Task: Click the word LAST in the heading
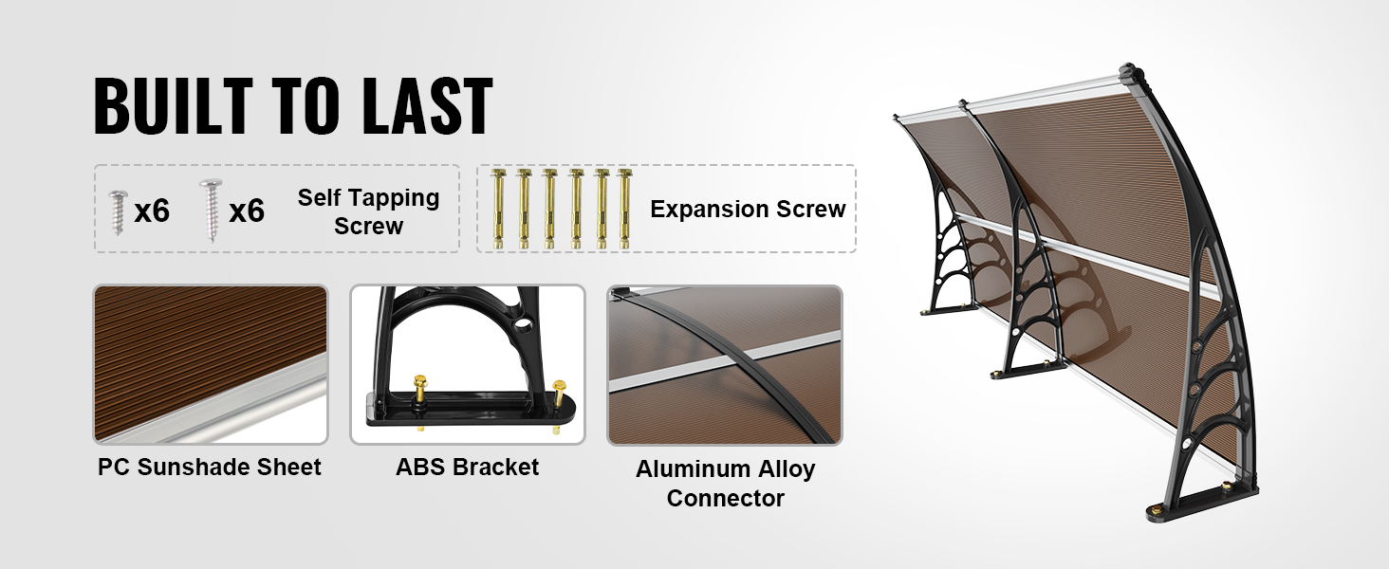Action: [427, 105]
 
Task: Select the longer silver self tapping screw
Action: [211, 210]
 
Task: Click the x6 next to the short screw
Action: [152, 211]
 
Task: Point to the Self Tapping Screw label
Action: [368, 211]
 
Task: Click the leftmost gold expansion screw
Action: [498, 209]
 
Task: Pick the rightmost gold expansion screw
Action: [624, 209]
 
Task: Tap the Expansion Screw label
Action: [748, 209]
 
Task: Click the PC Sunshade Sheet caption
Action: [210, 467]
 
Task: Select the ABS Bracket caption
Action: [467, 467]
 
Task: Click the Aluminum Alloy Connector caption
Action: [725, 484]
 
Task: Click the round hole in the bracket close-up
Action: [524, 324]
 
